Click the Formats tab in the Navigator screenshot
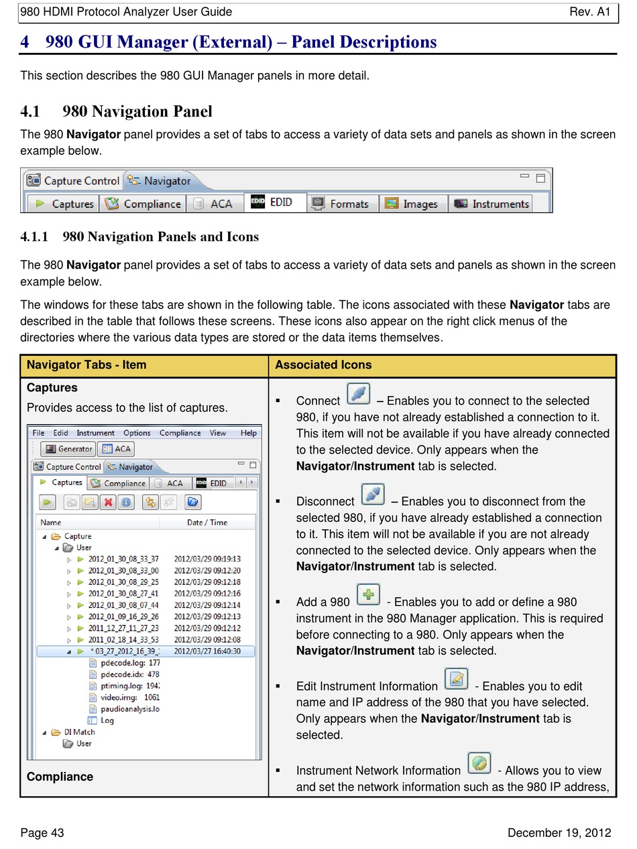[342, 204]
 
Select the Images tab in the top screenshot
[412, 204]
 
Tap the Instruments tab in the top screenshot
[492, 204]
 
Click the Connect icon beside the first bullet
[359, 393]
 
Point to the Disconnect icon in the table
[373, 494]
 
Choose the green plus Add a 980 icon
[368, 594]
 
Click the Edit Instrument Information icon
[456, 679]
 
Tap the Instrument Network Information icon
[479, 763]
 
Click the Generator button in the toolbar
[68, 449]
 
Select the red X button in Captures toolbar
[107, 502]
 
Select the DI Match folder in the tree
[79, 732]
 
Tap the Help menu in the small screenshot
[249, 433]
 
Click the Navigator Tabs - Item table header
[86, 365]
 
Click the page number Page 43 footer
[42, 833]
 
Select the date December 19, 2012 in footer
[559, 833]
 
